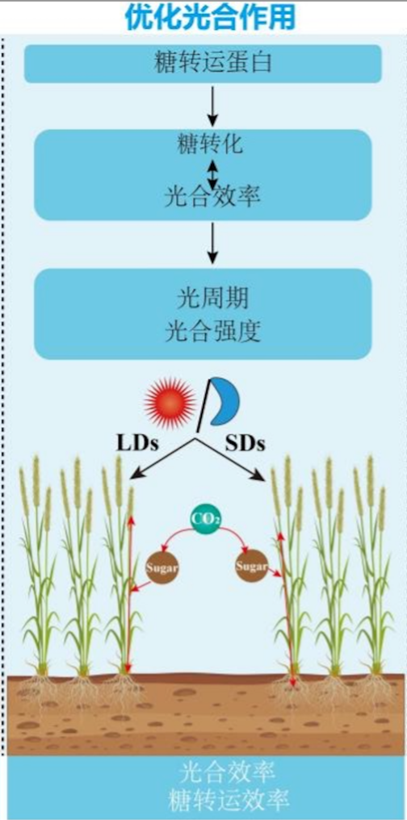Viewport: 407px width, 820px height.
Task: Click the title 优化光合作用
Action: (x=210, y=17)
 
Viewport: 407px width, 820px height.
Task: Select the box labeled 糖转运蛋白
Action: (x=203, y=63)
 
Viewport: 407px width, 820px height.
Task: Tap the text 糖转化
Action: (x=210, y=144)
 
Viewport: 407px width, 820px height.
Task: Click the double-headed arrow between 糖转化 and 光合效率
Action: (x=212, y=174)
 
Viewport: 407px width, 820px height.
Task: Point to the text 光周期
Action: (x=212, y=299)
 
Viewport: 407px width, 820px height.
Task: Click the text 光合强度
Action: (x=212, y=331)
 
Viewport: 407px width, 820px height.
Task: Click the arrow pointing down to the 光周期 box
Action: (x=212, y=243)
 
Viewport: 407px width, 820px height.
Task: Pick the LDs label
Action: (x=136, y=443)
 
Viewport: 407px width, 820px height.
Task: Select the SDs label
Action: (x=245, y=443)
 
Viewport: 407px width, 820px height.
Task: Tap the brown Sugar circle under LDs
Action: (x=162, y=567)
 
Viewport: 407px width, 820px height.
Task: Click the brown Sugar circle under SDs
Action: (x=251, y=566)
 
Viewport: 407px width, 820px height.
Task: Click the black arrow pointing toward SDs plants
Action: (x=230, y=459)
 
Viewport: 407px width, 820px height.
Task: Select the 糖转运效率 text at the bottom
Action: (x=229, y=800)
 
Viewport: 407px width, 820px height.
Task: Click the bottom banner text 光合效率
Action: (x=229, y=772)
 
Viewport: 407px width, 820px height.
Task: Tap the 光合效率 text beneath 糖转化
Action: (x=212, y=198)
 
